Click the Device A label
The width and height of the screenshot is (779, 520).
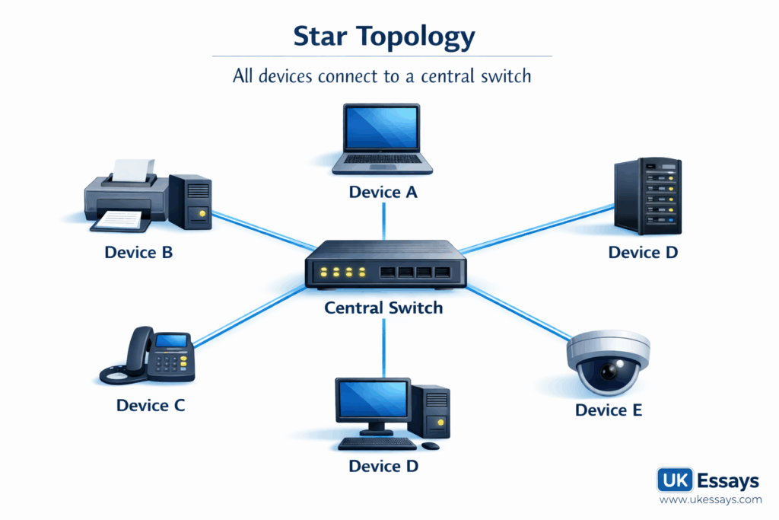click(x=383, y=192)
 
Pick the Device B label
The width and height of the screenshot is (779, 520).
click(x=138, y=252)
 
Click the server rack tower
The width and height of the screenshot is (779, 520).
click(x=647, y=196)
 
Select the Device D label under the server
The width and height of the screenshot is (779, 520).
click(x=643, y=252)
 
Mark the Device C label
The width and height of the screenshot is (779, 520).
click(x=150, y=405)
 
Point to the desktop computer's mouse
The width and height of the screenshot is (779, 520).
click(x=431, y=445)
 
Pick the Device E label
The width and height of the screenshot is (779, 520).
click(x=609, y=410)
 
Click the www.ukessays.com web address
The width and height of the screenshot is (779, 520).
click(x=710, y=500)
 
